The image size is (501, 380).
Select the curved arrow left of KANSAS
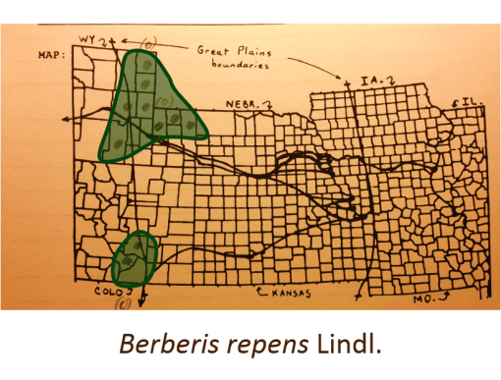(262, 292)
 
